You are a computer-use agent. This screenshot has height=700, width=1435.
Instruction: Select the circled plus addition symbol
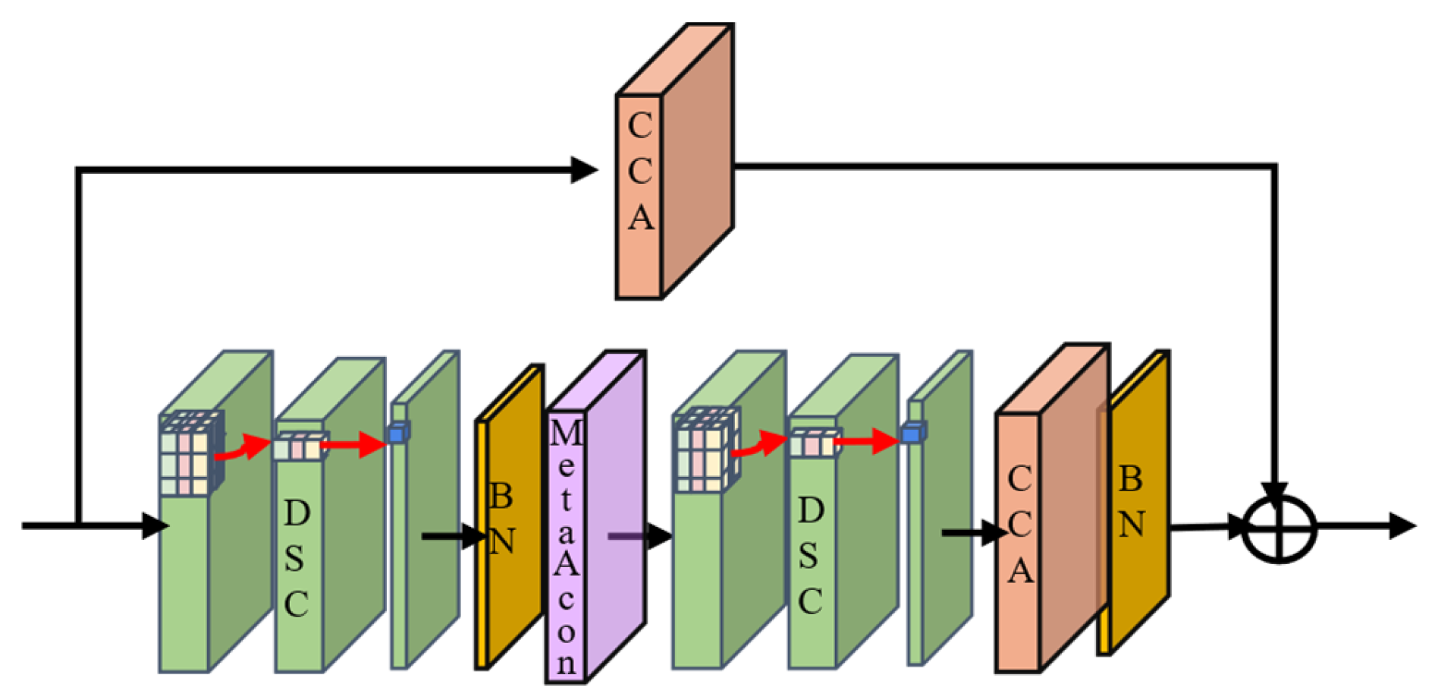coord(1279,529)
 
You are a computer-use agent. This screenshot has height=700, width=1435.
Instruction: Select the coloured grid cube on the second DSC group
coord(705,451)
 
